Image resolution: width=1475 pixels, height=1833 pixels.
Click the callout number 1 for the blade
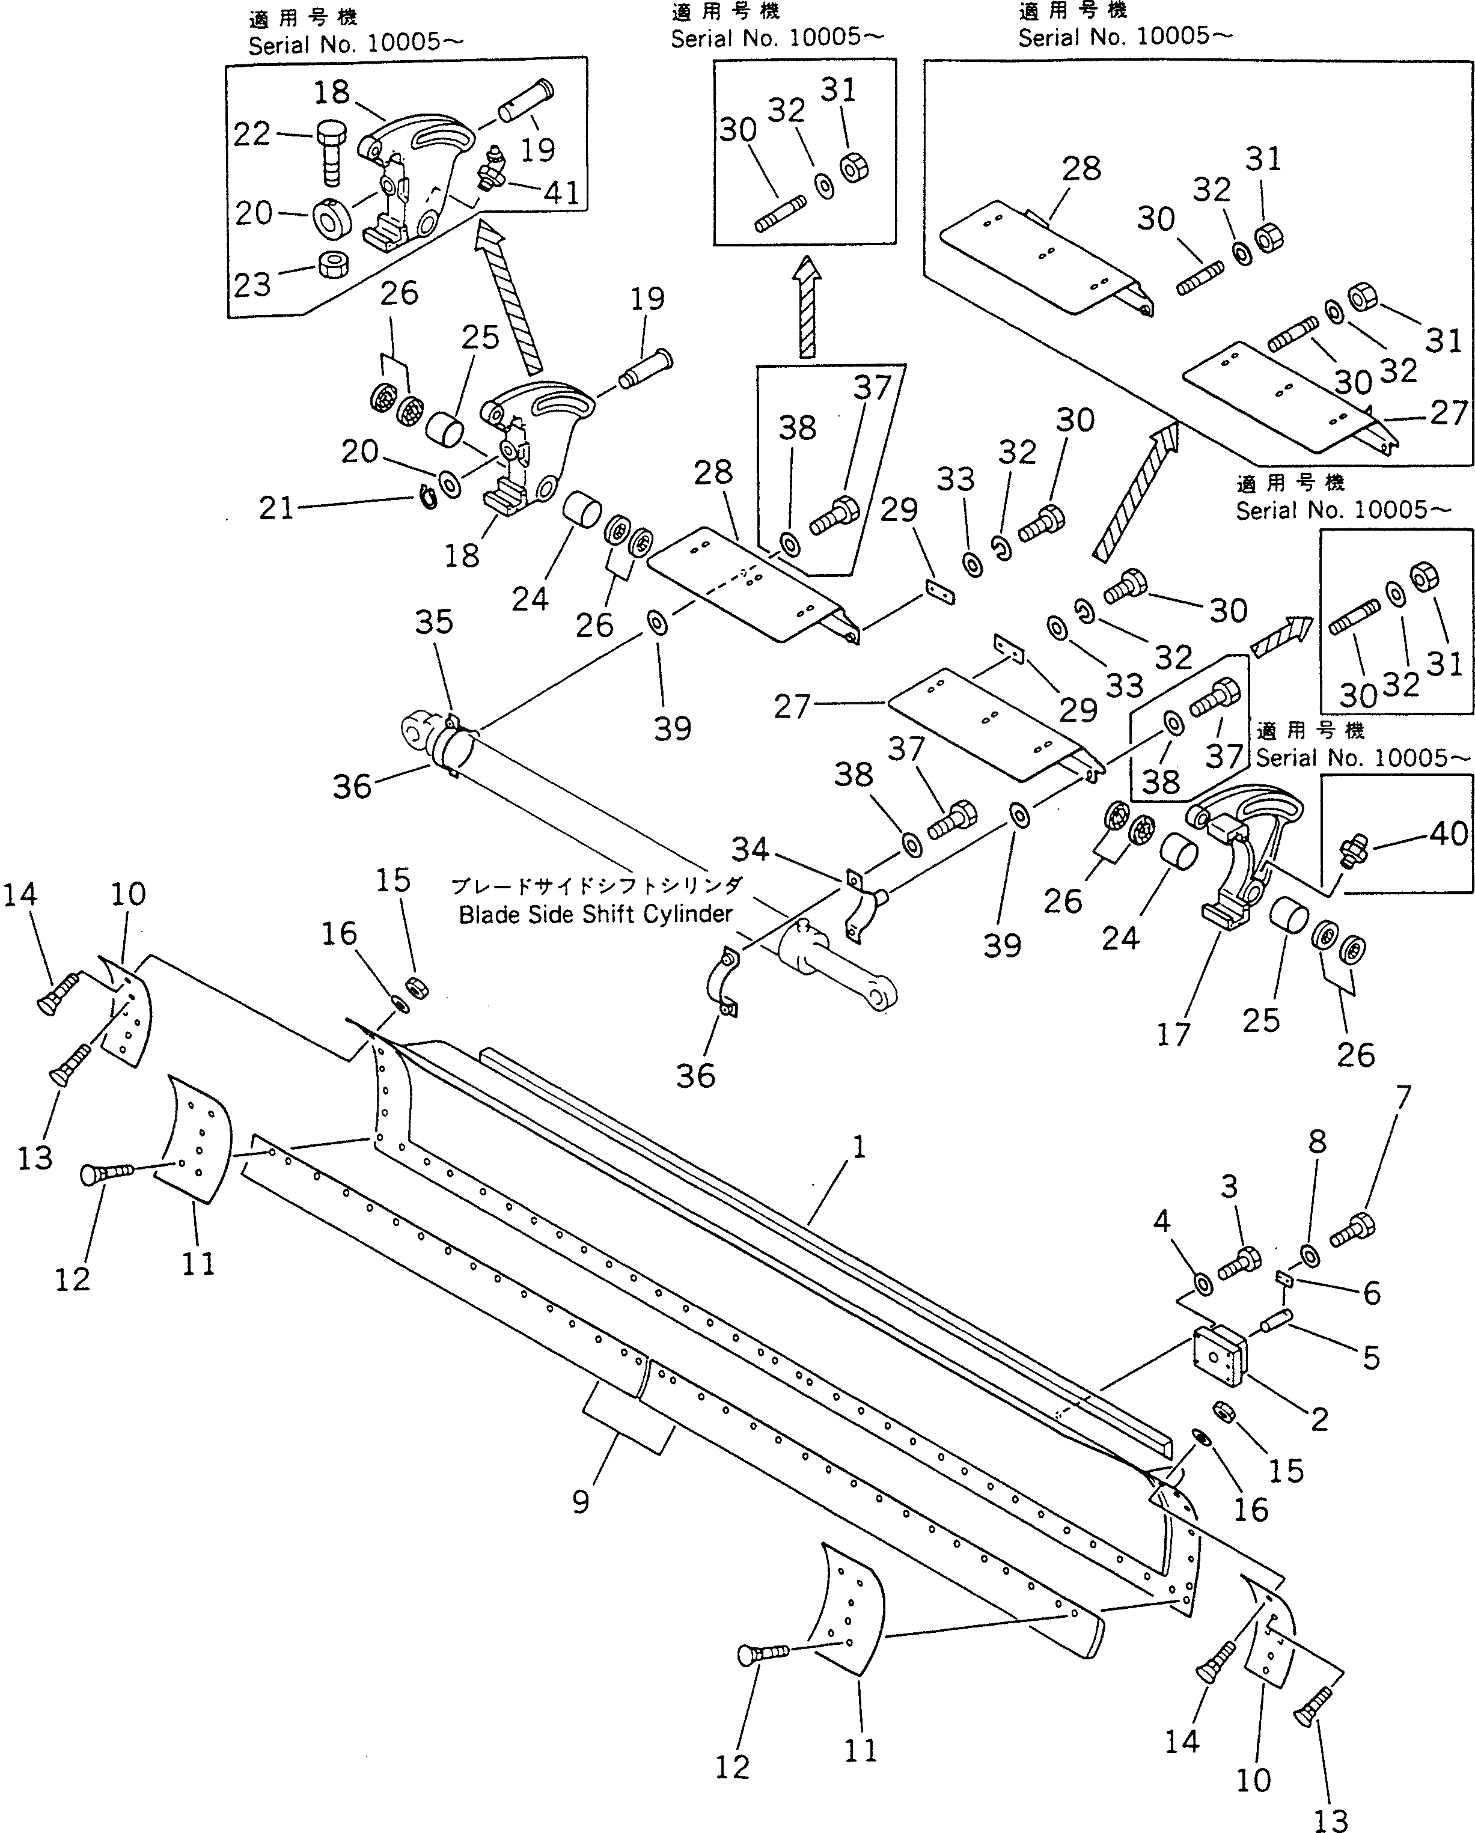(859, 1148)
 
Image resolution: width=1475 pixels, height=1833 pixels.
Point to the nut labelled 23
(333, 264)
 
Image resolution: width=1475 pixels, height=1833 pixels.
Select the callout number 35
(433, 623)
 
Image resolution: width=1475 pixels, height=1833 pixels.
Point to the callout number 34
(750, 849)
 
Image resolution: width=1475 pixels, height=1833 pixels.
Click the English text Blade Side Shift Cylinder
(595, 915)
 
